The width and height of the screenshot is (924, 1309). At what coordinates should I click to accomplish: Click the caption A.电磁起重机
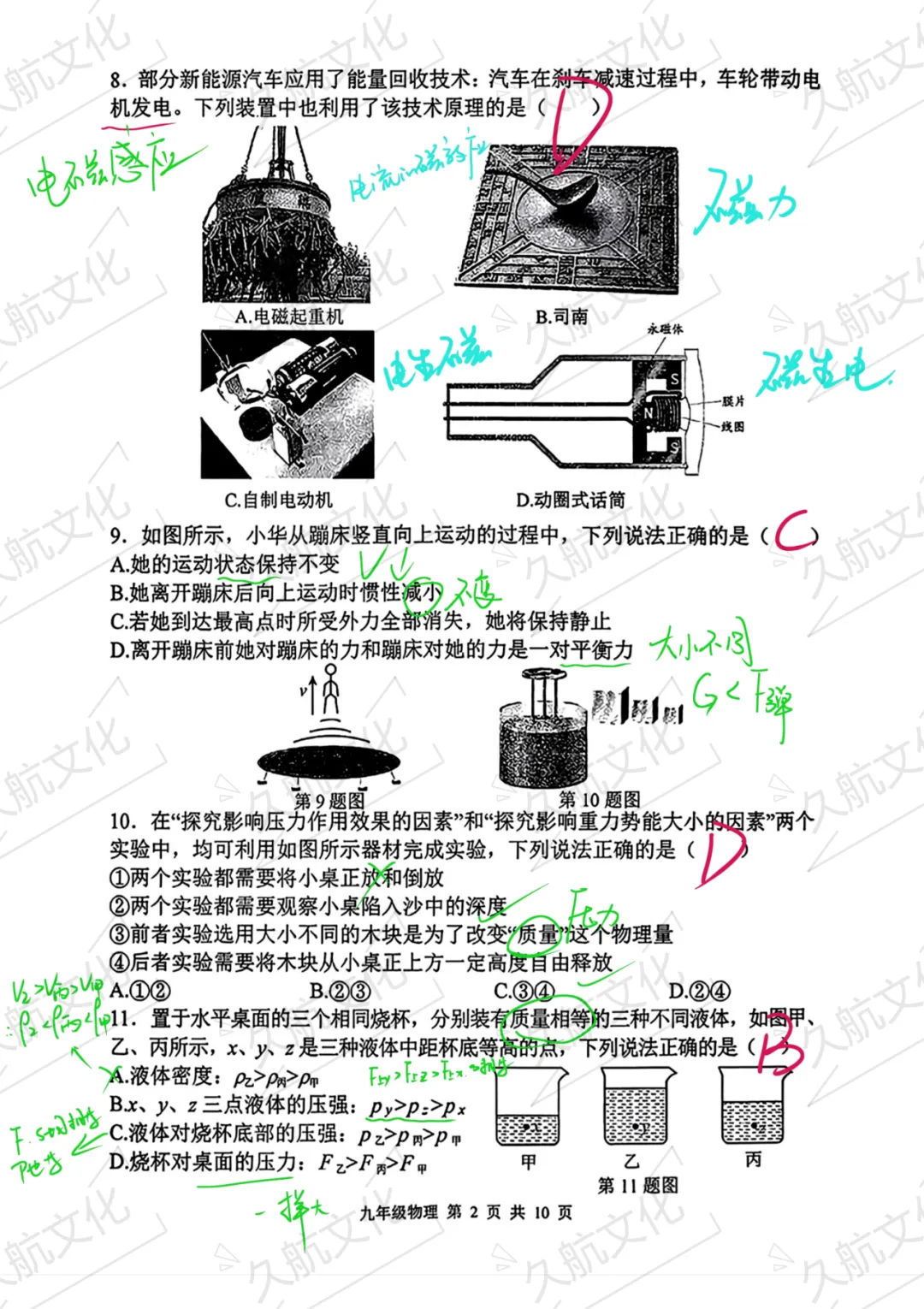coord(289,317)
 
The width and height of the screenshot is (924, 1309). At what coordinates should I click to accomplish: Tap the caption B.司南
coord(561,317)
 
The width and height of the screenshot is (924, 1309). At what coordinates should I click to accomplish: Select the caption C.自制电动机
coord(278,500)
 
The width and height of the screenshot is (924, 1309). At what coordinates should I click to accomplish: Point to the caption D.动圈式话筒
coord(571,500)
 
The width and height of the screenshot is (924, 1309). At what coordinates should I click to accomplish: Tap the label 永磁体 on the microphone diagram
coord(665,329)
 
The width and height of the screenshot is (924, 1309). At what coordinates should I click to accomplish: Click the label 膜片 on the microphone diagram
coord(733,401)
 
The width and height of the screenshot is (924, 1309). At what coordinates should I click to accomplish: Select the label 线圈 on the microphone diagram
coord(733,426)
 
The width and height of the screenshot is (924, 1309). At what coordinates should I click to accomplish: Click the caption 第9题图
coord(329,801)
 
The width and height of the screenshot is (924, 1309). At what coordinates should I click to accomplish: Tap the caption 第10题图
coord(599,799)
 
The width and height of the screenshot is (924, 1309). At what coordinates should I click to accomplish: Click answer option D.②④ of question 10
coord(700,991)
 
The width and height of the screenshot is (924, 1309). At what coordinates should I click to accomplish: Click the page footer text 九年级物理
coord(399,1212)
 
